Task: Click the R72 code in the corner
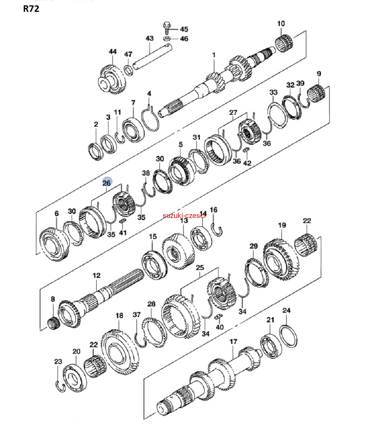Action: click(x=31, y=9)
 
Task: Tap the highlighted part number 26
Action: click(x=107, y=183)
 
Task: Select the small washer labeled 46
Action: click(x=167, y=39)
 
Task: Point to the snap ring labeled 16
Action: click(x=217, y=228)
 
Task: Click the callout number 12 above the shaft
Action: click(x=96, y=275)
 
